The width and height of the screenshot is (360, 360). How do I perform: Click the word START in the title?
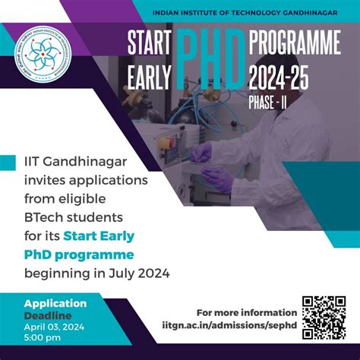coord(151,44)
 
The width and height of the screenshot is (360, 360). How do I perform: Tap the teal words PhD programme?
coord(89,254)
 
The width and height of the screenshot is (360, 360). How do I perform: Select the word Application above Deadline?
coord(55,303)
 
